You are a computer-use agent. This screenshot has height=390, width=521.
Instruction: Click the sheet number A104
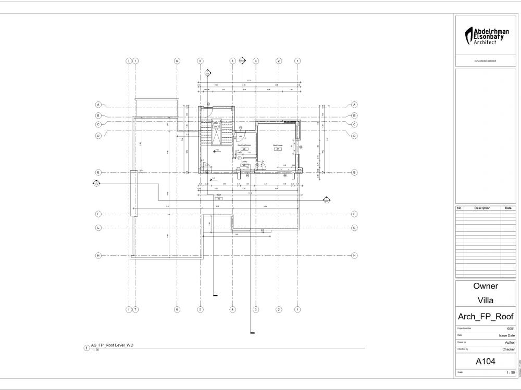tap(485, 362)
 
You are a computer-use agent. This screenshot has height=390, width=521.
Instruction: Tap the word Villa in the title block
tap(485, 300)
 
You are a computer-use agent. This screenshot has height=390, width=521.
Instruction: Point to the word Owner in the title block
tap(485, 286)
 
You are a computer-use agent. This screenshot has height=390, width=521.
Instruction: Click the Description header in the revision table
tap(482, 208)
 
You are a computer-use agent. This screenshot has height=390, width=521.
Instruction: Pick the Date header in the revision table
tap(508, 208)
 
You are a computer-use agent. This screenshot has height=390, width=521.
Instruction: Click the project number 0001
tap(511, 329)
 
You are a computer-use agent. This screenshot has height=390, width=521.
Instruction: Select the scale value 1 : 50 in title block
tap(510, 373)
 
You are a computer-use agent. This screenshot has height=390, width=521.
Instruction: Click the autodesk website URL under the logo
tap(485, 61)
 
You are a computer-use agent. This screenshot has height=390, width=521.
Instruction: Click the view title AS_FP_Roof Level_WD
tap(112, 345)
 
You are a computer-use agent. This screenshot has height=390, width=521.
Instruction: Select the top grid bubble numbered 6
tap(177, 61)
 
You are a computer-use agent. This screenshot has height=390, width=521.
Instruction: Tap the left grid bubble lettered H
tap(97, 255)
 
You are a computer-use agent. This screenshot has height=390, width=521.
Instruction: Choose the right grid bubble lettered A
tap(354, 105)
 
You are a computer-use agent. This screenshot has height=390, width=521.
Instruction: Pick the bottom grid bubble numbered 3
tap(256, 309)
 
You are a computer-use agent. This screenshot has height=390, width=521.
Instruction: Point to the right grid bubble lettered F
tap(354, 214)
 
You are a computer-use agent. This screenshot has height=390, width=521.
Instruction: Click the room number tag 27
tap(278, 149)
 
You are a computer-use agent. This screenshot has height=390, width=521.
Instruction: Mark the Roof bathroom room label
tap(244, 146)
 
